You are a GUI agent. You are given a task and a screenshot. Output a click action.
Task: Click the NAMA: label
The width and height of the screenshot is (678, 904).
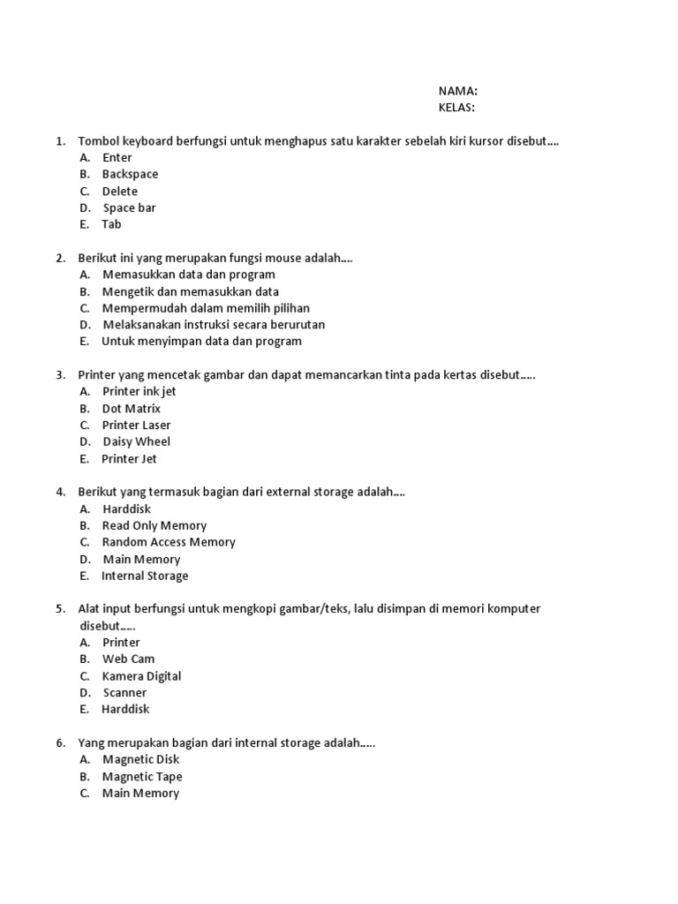tap(457, 91)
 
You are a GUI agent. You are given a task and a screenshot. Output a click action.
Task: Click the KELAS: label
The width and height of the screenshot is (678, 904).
tap(456, 108)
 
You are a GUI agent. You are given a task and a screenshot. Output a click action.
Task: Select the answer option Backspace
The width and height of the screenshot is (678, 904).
tap(130, 174)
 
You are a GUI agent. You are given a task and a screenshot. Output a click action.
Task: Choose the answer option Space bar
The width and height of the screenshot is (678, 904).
tap(129, 207)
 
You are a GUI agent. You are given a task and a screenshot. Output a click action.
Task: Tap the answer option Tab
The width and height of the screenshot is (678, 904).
tap(111, 224)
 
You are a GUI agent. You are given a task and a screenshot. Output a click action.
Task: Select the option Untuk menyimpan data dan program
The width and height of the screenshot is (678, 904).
tap(201, 341)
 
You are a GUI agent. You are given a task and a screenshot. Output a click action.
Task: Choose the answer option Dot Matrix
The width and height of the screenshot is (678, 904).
tap(132, 409)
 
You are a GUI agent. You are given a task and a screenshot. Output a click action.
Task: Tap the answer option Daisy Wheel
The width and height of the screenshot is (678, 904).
tap(137, 441)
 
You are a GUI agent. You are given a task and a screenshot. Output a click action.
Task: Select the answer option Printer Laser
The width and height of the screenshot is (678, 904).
tap(136, 425)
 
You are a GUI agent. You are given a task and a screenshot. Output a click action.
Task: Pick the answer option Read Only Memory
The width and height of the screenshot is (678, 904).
tap(154, 525)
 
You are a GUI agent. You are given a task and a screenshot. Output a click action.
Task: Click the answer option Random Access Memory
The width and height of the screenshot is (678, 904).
tap(169, 542)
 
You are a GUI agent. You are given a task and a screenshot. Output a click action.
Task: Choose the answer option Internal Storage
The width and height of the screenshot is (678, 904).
tap(145, 576)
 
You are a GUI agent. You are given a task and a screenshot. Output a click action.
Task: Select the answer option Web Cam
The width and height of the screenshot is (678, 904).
tap(129, 659)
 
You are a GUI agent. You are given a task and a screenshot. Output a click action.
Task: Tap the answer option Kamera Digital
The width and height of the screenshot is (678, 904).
tap(141, 676)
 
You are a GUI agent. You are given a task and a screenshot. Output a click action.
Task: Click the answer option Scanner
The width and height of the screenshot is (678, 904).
tap(124, 693)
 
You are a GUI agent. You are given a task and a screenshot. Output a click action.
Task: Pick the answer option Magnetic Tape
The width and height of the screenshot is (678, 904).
tap(142, 777)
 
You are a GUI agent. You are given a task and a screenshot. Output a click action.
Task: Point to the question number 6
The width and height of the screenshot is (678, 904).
tap(60, 743)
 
